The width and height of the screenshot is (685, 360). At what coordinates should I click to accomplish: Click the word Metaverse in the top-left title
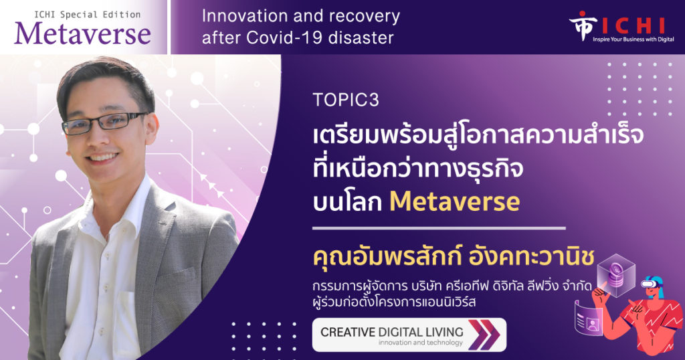click(x=82, y=33)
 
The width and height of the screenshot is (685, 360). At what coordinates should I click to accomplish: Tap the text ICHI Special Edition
click(x=88, y=15)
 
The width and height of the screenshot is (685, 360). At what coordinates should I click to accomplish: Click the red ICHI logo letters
click(x=633, y=26)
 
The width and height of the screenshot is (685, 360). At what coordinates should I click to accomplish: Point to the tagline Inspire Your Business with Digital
click(x=633, y=39)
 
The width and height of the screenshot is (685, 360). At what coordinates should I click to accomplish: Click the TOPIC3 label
click(x=346, y=100)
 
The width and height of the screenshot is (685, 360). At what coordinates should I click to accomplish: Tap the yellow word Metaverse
click(x=454, y=201)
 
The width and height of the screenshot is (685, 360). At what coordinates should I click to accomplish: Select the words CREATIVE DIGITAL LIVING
click(x=392, y=332)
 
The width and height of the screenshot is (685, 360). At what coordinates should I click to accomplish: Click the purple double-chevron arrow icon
click(x=484, y=335)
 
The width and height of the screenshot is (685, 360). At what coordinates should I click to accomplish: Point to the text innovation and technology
click(x=420, y=343)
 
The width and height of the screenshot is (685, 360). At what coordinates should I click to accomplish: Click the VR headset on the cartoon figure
click(x=652, y=284)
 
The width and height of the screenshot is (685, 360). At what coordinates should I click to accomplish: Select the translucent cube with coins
click(x=616, y=275)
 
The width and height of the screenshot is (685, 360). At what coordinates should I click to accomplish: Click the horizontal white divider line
click(x=439, y=228)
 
